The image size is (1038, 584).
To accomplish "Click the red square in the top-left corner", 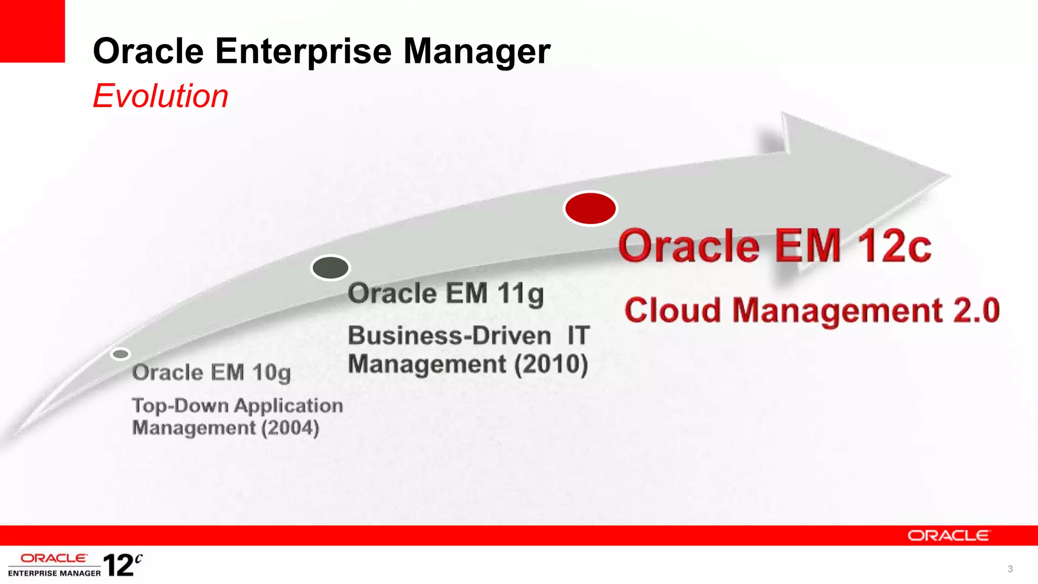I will (x=32, y=30).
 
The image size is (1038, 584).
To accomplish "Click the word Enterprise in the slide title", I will (x=303, y=52).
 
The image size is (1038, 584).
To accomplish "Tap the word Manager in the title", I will (x=476, y=52).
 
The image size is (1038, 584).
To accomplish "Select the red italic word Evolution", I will (x=160, y=96).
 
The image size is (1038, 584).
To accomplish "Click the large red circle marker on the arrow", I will (x=590, y=208).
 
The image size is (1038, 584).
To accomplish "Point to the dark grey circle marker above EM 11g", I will (x=330, y=267).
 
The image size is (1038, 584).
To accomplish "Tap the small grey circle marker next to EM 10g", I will (x=121, y=354).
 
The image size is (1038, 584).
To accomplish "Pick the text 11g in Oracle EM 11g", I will (x=520, y=294).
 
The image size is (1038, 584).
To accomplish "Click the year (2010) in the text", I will (x=551, y=364).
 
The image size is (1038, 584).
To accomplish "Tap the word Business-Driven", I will (x=449, y=336).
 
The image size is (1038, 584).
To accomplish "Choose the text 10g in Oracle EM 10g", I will (x=272, y=373).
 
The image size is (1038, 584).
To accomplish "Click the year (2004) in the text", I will (x=290, y=428).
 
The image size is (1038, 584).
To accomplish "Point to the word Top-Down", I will (x=180, y=406).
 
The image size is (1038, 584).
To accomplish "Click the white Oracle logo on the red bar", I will (x=948, y=536).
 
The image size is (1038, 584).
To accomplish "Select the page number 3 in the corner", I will (x=1010, y=569).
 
